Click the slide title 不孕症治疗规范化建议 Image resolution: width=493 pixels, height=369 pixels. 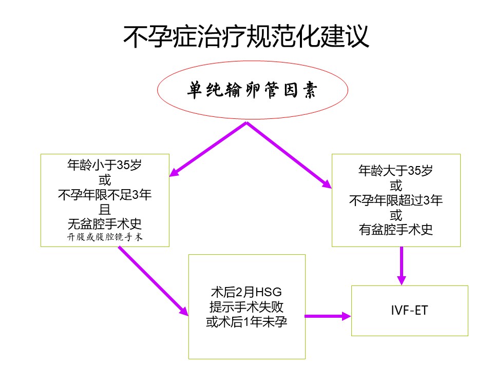[x=246, y=37]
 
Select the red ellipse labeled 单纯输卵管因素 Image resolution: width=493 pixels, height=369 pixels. [x=252, y=91]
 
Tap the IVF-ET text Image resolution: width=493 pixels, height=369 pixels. [x=409, y=311]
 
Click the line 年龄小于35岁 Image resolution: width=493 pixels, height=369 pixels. [x=105, y=166]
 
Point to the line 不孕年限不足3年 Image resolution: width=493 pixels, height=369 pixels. [x=105, y=195]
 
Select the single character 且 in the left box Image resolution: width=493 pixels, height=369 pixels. [x=105, y=209]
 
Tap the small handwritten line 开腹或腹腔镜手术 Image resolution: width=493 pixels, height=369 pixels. [x=105, y=237]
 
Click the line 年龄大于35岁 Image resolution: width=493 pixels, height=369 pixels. [x=395, y=171]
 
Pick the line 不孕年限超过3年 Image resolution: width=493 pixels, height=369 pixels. [x=395, y=200]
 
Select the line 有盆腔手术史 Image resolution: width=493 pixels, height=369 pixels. [x=395, y=230]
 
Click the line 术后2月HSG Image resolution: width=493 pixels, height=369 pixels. [x=246, y=292]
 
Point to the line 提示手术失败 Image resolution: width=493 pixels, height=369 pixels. [x=246, y=307]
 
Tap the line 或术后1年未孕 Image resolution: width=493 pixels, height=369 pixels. [x=246, y=322]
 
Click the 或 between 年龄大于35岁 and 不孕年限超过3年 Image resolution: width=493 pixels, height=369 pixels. [x=395, y=186]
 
